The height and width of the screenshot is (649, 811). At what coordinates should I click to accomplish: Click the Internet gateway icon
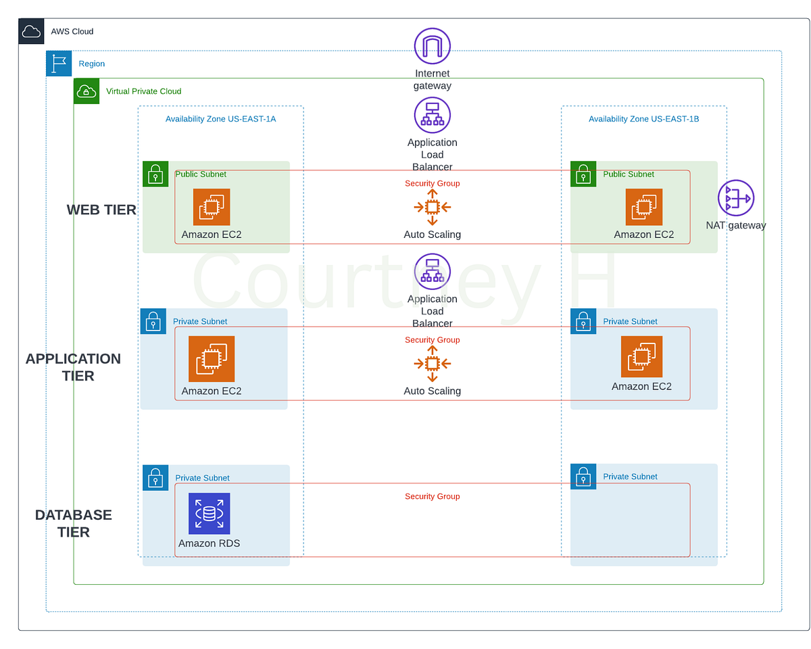[432, 46]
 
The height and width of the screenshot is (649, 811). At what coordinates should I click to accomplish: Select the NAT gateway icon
[735, 198]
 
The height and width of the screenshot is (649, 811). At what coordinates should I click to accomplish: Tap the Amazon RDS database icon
[209, 513]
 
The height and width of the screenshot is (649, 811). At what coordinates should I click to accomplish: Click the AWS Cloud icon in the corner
[31, 31]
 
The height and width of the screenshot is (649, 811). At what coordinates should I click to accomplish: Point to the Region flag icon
[59, 64]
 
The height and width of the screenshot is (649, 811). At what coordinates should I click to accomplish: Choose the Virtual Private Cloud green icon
[87, 91]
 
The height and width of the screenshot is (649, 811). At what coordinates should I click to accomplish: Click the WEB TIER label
[101, 210]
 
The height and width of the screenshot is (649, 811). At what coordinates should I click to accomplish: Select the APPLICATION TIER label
[73, 367]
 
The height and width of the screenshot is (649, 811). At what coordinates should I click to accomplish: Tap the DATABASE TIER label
[73, 523]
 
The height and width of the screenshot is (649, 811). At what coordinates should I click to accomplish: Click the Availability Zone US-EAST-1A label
[220, 119]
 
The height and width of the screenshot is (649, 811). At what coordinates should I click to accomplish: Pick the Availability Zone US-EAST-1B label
[643, 119]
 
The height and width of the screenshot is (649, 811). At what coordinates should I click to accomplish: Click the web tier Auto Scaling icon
[432, 207]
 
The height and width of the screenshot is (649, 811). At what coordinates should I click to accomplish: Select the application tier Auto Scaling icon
[432, 364]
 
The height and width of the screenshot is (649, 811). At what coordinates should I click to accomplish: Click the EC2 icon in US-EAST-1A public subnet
[212, 207]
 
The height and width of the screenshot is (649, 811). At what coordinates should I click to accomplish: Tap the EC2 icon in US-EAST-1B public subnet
[643, 207]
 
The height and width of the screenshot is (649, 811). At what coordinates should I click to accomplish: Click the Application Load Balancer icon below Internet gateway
[432, 114]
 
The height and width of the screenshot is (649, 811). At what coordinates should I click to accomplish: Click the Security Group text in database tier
[432, 496]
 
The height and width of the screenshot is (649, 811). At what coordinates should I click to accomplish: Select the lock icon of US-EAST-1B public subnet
[583, 174]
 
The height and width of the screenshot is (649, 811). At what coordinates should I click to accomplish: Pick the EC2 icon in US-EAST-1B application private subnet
[641, 356]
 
